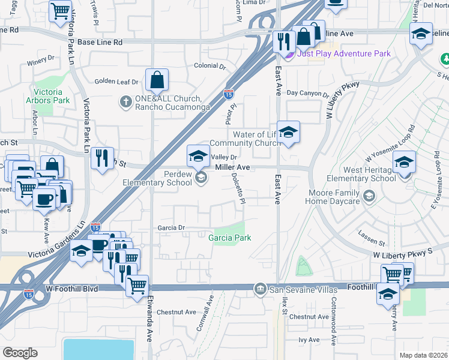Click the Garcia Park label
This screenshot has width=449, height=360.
click(229, 238)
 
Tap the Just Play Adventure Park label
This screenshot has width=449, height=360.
click(344, 54)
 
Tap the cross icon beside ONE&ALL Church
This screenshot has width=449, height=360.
click(125, 100)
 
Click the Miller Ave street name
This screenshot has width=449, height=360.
click(232, 167)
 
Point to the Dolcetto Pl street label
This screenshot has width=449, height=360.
click(238, 188)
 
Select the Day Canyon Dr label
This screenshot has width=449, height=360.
click(307, 94)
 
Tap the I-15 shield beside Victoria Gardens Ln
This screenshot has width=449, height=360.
click(95, 226)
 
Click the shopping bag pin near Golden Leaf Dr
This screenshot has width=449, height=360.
click(157, 80)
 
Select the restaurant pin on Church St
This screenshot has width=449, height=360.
click(102, 158)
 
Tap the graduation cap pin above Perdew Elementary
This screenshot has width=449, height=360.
click(198, 157)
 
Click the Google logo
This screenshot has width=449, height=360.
click(20, 353)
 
